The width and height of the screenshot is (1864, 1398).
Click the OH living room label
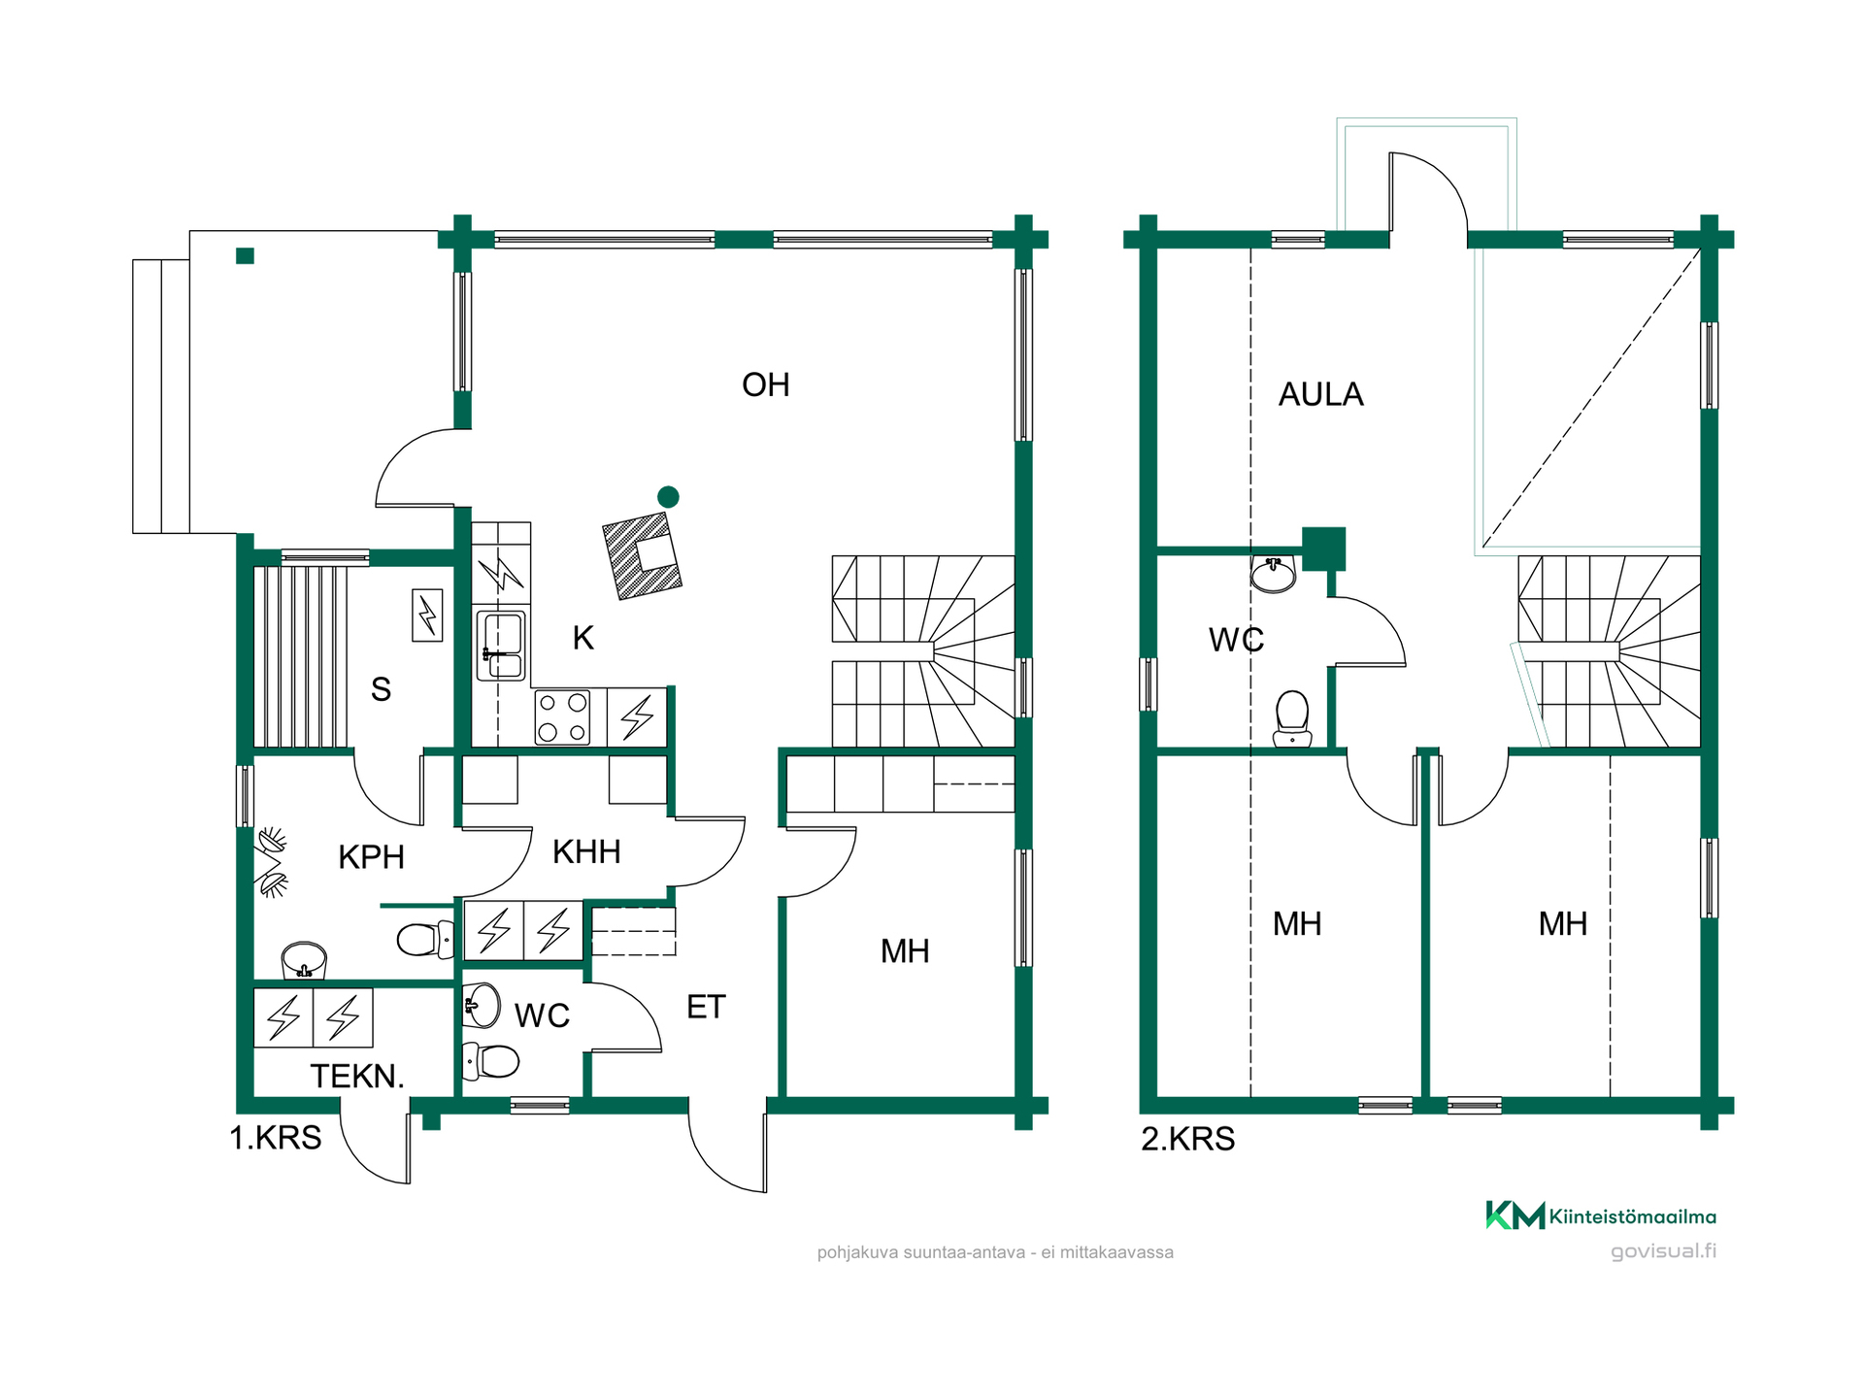click(x=765, y=385)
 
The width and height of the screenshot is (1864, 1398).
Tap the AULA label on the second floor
click(x=1320, y=394)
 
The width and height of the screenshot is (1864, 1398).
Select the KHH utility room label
click(x=586, y=852)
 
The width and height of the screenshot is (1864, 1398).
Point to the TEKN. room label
click(x=356, y=1077)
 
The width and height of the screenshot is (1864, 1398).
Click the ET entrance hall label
click(x=706, y=1008)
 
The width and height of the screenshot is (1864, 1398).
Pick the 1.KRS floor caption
click(x=275, y=1138)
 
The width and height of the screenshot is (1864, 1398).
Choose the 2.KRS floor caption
click(x=1187, y=1139)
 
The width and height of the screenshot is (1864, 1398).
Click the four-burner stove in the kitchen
click(x=563, y=717)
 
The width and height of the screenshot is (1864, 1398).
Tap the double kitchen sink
click(x=502, y=646)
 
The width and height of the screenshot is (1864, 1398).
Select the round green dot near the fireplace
click(x=668, y=497)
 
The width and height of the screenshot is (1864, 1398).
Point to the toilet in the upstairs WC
click(x=1292, y=718)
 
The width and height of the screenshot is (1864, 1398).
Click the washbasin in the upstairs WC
click(x=1274, y=574)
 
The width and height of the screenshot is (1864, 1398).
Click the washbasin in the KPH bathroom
click(x=304, y=960)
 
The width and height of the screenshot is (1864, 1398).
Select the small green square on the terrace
click(x=245, y=256)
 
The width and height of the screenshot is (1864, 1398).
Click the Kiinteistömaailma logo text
click(x=1632, y=1216)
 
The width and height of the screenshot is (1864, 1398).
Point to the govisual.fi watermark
click(x=1663, y=1251)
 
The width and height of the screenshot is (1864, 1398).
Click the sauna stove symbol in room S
click(x=427, y=616)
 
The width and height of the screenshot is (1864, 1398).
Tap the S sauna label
click(x=381, y=689)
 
